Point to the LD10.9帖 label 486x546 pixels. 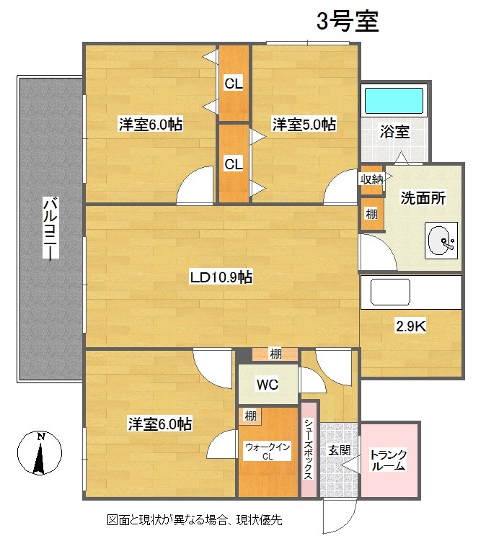[221, 277]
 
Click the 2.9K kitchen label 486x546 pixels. [411, 326]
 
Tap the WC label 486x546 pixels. [267, 385]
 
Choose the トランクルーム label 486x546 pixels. [389, 460]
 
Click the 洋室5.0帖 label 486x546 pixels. [304, 125]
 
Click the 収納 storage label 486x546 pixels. [372, 179]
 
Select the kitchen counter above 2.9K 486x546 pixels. [410, 292]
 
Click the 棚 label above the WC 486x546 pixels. [275, 354]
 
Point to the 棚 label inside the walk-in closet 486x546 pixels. [250, 416]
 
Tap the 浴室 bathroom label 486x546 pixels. [394, 133]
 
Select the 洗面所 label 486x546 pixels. [423, 199]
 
